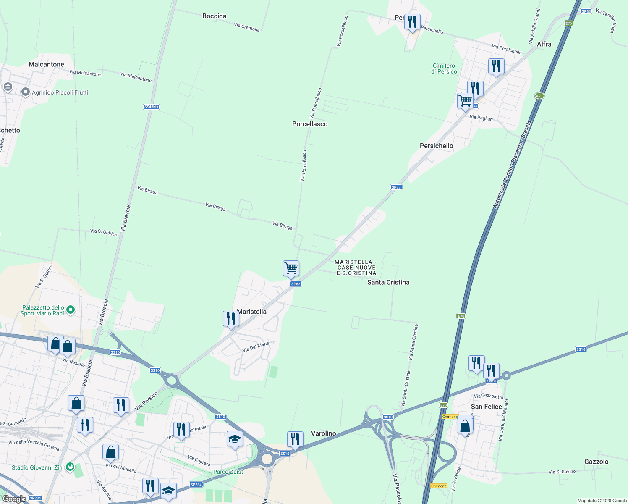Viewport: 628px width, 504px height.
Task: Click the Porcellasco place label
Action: click(x=310, y=124)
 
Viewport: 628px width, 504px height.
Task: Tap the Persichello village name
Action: click(x=436, y=146)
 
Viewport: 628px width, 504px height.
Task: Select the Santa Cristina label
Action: click(x=388, y=282)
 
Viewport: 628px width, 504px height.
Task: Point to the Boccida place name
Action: click(x=214, y=16)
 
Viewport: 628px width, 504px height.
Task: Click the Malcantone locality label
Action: click(x=46, y=64)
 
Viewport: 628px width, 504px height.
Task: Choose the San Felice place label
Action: click(x=486, y=407)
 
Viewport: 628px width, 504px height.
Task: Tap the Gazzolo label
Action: click(x=596, y=462)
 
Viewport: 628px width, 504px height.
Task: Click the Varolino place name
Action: click(x=323, y=433)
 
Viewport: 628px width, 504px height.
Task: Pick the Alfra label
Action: click(x=544, y=44)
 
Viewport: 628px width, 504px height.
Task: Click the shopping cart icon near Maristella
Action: click(x=291, y=268)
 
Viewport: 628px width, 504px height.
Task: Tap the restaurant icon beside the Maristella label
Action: click(x=231, y=319)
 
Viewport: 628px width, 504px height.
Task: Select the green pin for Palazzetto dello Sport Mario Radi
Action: click(x=71, y=310)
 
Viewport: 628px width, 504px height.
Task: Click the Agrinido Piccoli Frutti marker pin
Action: click(x=25, y=92)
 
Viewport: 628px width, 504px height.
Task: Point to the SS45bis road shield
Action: click(x=151, y=107)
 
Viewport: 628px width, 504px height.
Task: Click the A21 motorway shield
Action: click(x=539, y=96)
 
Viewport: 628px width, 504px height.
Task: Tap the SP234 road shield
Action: click(x=196, y=484)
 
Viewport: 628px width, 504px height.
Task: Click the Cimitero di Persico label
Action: click(x=444, y=68)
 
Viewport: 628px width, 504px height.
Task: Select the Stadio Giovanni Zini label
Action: click(x=38, y=467)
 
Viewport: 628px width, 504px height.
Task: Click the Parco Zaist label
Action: click(x=228, y=472)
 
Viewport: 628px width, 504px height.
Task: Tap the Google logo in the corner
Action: click(x=14, y=499)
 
